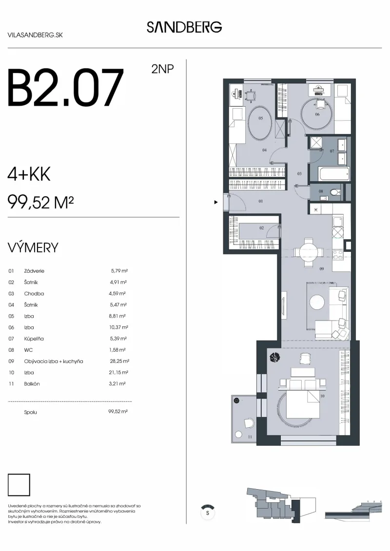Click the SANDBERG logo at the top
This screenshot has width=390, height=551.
pyautogui.click(x=184, y=27)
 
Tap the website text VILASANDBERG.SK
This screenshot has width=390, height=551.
pyautogui.click(x=35, y=35)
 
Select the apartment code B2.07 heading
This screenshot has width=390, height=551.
pyautogui.click(x=65, y=88)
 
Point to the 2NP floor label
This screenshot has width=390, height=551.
pyautogui.click(x=162, y=69)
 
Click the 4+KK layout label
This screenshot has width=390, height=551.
pyautogui.click(x=29, y=174)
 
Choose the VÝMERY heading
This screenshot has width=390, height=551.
pyautogui.click(x=33, y=248)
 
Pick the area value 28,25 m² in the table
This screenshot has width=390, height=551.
pyautogui.click(x=119, y=361)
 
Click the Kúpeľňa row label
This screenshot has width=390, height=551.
pyautogui.click(x=34, y=339)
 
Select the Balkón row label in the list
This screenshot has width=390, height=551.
pyautogui.click(x=32, y=384)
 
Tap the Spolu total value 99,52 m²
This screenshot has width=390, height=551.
pyautogui.click(x=118, y=412)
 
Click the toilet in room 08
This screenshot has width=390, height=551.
pyautogui.click(x=334, y=192)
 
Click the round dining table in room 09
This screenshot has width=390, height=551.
pyautogui.click(x=309, y=252)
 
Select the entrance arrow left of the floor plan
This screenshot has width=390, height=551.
pyautogui.click(x=216, y=202)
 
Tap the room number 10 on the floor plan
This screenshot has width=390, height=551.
pyautogui.click(x=322, y=396)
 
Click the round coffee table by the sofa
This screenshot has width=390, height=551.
pyautogui.click(x=317, y=302)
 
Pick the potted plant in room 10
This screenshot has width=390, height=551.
pyautogui.click(x=274, y=358)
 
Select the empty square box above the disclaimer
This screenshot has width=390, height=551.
pyautogui.click(x=19, y=485)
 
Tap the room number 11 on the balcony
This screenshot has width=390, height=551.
pyautogui.click(x=250, y=437)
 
